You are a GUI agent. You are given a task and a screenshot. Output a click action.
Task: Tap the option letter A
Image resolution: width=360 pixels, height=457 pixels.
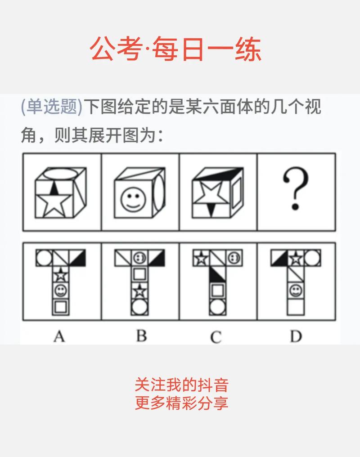point(59,336)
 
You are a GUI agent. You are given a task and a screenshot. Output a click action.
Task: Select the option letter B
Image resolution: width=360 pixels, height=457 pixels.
point(141,336)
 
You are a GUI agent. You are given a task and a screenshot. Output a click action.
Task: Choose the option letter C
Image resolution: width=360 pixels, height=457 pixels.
point(216,336)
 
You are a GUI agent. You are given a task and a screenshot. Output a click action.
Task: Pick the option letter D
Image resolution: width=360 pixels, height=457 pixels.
point(296,336)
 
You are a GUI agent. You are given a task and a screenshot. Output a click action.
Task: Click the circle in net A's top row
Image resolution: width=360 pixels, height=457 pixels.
point(44,258)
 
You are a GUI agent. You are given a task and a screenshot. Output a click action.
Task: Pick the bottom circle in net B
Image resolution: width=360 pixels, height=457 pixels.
point(139,307)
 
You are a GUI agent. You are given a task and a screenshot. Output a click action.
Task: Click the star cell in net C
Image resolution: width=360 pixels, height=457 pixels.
point(200,258)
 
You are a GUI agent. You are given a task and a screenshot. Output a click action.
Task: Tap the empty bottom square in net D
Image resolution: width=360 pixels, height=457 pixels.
point(296,307)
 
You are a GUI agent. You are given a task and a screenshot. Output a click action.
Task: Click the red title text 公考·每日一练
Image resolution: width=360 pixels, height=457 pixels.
point(176,49)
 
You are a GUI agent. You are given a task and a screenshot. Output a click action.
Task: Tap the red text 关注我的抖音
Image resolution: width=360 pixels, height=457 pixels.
point(182,385)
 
